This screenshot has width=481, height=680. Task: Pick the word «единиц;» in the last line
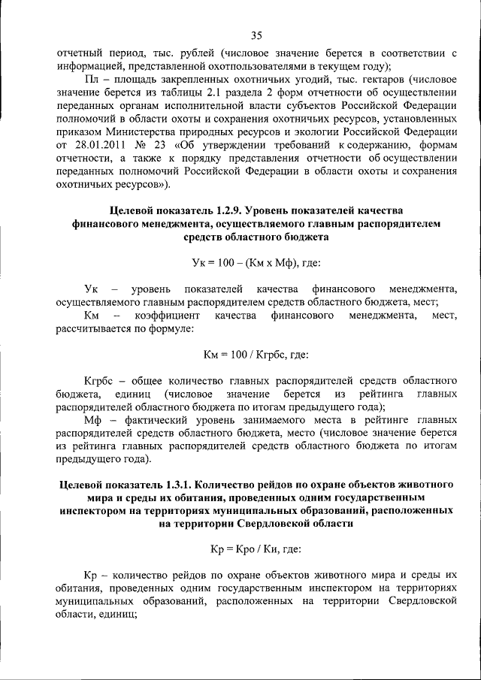pyautogui.click(x=115, y=615)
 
